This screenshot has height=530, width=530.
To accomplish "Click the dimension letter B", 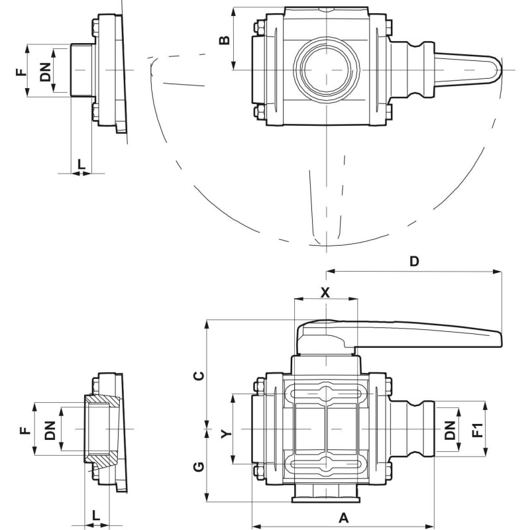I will (x=225, y=40).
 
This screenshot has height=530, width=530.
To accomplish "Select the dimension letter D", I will (x=414, y=261).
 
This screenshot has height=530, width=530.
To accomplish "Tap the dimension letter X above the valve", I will (x=325, y=292).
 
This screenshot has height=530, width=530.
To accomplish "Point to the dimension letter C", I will (x=197, y=376).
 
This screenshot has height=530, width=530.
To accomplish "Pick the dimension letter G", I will (x=197, y=468).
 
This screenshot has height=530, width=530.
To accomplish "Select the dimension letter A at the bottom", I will (x=343, y=517).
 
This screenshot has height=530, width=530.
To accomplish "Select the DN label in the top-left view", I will (x=44, y=70).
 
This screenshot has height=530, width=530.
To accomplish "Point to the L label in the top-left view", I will (x=81, y=162).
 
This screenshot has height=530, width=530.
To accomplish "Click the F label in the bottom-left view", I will (x=25, y=431).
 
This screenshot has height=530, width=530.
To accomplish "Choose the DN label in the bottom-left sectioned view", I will (x=50, y=431).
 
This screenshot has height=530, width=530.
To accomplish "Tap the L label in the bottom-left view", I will (x=96, y=514).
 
